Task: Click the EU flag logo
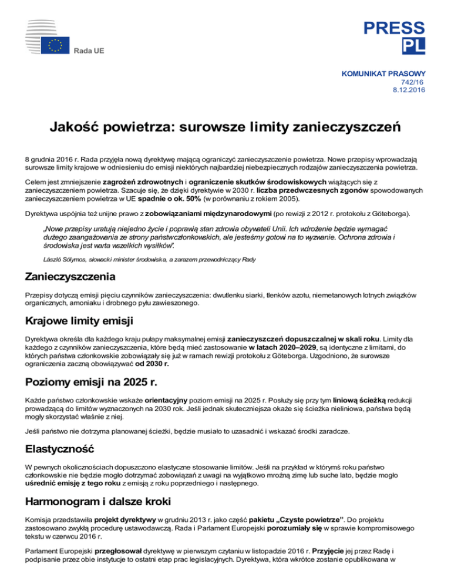(56, 45)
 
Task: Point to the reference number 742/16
(409, 83)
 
